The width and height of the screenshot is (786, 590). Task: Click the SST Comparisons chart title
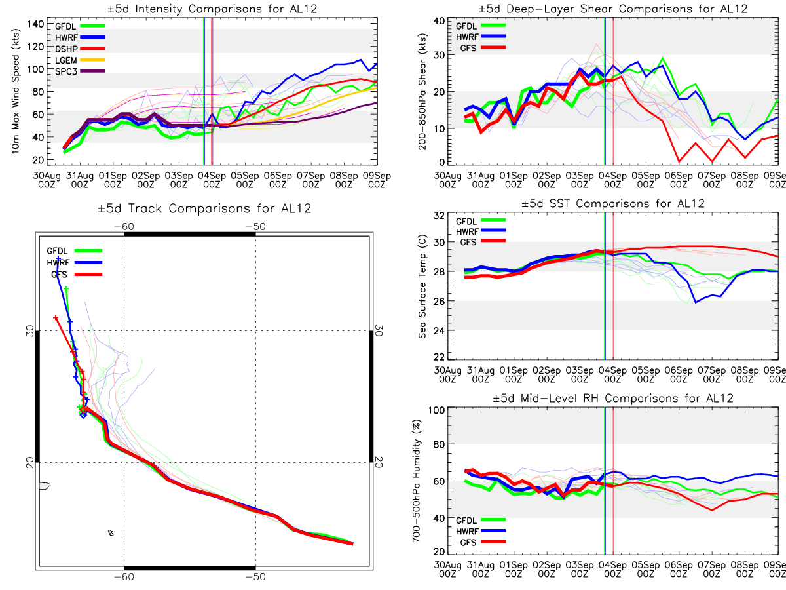pyautogui.click(x=613, y=203)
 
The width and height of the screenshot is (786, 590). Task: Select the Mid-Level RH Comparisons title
pyautogui.click(x=613, y=398)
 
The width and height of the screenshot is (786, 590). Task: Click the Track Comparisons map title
pyautogui.click(x=204, y=209)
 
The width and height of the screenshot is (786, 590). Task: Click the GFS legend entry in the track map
pyautogui.click(x=59, y=275)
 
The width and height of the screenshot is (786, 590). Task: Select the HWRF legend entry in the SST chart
pyautogui.click(x=468, y=231)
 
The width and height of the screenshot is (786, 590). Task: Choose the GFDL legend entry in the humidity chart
pyautogui.click(x=468, y=519)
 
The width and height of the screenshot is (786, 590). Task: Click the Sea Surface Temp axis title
pyautogui.click(x=422, y=287)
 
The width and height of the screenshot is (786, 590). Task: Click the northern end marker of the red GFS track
pyautogui.click(x=56, y=318)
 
